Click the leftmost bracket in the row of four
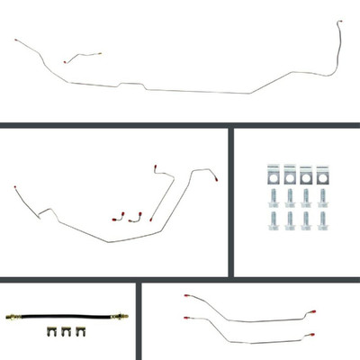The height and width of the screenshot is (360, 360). click(274, 172)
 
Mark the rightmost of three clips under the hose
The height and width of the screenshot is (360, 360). click(78, 338)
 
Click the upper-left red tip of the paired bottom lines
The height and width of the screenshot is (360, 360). click(185, 296)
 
